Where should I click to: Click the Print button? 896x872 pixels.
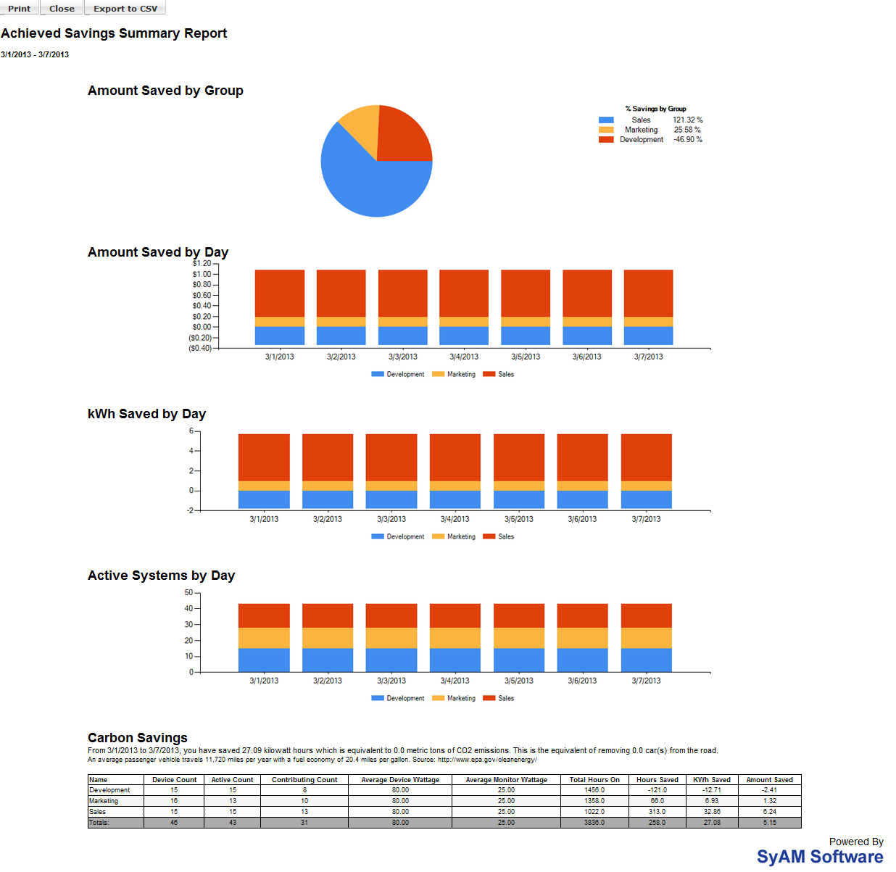tap(20, 8)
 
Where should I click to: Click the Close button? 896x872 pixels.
tap(62, 8)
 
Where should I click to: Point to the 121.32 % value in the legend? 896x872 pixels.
tap(687, 120)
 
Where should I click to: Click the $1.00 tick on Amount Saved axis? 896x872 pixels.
tap(202, 274)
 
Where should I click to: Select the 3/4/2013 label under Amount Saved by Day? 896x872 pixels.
tap(464, 357)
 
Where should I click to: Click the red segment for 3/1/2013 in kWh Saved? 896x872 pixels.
tap(264, 457)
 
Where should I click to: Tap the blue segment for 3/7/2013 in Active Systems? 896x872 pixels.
tap(646, 660)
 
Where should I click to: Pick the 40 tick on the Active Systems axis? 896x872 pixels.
tap(188, 609)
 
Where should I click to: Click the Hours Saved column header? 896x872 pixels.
tap(657, 780)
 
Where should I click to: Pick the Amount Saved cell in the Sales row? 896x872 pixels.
tap(769, 812)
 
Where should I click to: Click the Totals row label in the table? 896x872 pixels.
tap(99, 823)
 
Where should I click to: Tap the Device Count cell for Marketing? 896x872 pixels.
tap(174, 801)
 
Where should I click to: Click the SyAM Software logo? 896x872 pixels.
tap(819, 857)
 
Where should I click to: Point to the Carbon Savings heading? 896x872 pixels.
tap(138, 738)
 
